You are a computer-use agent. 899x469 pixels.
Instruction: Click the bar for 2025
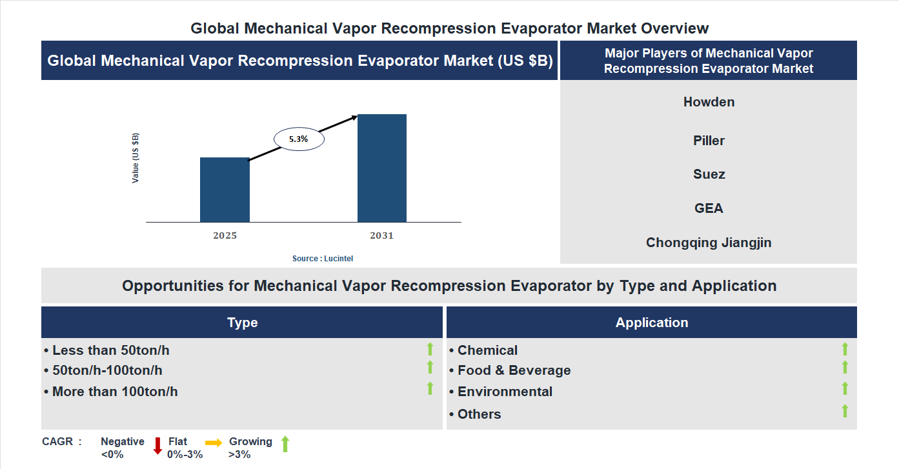pos(225,190)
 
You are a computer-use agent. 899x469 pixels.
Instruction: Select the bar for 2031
pos(382,168)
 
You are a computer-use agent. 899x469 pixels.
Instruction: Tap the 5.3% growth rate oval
pos(299,139)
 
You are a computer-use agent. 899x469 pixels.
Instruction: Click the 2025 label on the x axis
pos(225,235)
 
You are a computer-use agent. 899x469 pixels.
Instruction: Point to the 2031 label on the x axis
pos(381,235)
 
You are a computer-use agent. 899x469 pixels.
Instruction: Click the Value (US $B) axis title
pos(136,158)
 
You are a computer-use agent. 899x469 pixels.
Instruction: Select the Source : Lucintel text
pos(323,258)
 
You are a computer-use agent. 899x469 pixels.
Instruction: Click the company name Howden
pos(709,102)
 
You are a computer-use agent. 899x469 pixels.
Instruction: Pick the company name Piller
pos(709,141)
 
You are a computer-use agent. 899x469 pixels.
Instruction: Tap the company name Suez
pos(709,174)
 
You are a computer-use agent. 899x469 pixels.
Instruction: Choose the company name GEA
pos(709,208)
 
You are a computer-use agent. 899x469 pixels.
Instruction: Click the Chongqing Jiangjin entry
pos(709,243)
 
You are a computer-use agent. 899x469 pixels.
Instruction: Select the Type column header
pos(242,323)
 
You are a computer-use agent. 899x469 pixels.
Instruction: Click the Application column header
pos(651,323)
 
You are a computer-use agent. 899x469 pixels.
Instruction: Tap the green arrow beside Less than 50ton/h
pos(430,350)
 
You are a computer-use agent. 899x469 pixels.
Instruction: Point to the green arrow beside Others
pos(845,411)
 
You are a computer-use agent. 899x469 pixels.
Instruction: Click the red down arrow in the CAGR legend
pos(157,445)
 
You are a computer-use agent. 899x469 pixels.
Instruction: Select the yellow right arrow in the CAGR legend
pos(214,443)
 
